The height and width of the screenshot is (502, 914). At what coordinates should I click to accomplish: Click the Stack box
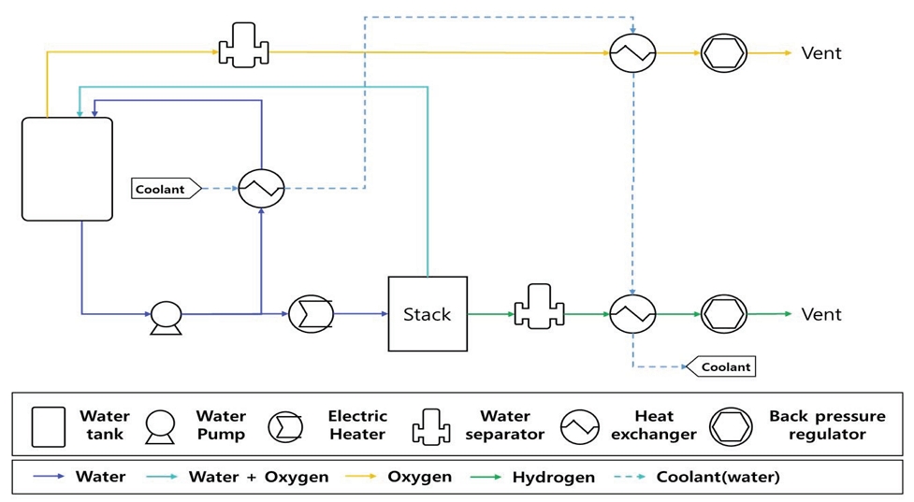point(428,314)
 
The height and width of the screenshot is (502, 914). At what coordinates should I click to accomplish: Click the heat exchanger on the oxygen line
point(633,53)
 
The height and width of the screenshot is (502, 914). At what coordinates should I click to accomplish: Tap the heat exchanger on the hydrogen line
point(633,314)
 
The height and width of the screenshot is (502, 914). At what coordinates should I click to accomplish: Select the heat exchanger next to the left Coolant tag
point(261,189)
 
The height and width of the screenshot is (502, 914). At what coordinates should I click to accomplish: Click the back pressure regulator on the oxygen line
point(723,53)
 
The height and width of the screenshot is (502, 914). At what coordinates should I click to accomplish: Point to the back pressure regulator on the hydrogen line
point(723,314)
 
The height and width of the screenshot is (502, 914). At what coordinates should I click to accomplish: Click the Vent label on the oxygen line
point(821,53)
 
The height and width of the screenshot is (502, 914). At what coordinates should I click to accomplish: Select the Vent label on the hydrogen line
point(821,314)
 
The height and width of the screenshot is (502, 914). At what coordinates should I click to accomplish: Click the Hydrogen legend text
point(553,477)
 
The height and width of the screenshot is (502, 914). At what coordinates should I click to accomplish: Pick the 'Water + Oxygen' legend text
point(258,477)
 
